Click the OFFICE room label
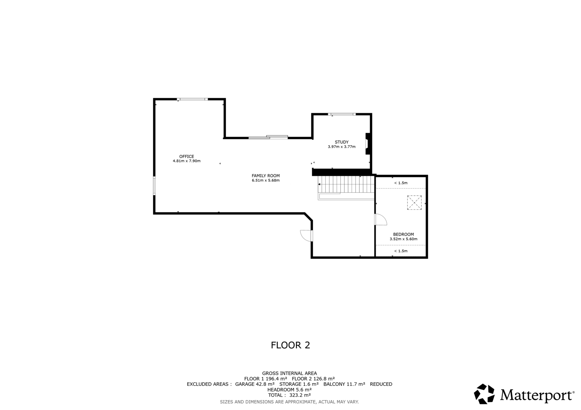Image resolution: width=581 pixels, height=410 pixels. [186, 157]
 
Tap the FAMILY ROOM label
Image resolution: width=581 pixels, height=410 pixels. [265, 176]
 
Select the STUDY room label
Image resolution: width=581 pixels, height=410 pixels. [341, 142]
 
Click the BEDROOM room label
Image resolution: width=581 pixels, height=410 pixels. [403, 235]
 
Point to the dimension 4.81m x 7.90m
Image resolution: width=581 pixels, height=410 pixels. [186, 161]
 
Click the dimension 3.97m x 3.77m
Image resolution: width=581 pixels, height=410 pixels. [341, 147]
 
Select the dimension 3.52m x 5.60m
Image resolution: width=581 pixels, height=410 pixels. [403, 239]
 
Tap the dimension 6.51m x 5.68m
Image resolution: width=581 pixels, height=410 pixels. [265, 181]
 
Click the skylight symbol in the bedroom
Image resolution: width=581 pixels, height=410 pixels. [414, 203]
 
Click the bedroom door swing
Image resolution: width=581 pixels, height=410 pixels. [381, 220]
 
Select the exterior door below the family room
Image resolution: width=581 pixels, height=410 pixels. [306, 235]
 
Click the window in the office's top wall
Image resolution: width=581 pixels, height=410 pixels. [192, 99]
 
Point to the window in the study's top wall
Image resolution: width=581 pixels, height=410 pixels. [342, 114]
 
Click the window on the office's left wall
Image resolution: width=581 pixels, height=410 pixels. [154, 186]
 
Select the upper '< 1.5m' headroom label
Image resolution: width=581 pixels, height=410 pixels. [401, 183]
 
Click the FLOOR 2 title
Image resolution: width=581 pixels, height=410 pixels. [290, 345]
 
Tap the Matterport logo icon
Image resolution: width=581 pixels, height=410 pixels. [484, 394]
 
